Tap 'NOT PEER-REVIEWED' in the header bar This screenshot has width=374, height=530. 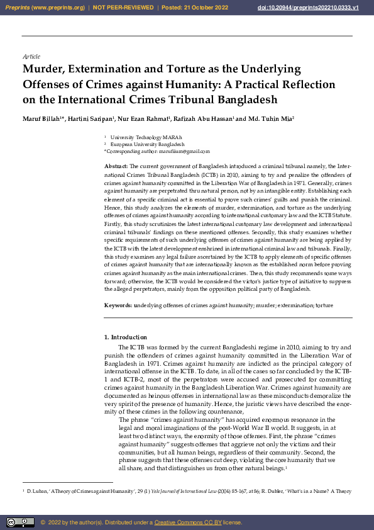pyautogui.click(x=123, y=8)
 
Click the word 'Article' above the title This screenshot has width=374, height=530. pyautogui.click(x=31, y=57)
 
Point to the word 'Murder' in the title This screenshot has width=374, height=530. pyautogui.click(x=44, y=69)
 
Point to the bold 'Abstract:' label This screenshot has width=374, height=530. pyautogui.click(x=116, y=165)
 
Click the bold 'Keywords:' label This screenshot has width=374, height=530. pyautogui.click(x=118, y=305)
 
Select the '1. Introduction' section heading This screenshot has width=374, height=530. pyautogui.click(x=125, y=338)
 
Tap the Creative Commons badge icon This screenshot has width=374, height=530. pyautogui.click(x=20, y=522)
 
